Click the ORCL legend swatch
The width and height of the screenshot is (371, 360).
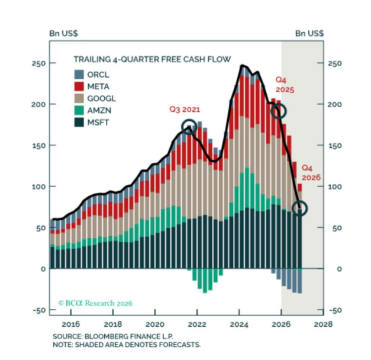[x=79, y=75]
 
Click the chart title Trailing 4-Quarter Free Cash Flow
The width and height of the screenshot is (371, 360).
[x=151, y=59]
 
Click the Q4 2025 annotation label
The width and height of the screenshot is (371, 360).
[x=285, y=84]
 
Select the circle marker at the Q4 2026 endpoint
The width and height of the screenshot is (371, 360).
[x=301, y=208]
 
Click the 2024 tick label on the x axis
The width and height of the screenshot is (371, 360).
[x=238, y=324]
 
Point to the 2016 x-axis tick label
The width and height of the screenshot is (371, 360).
[x=70, y=324]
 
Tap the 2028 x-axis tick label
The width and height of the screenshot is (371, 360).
[x=322, y=324]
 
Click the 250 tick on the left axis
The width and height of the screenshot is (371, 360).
[x=38, y=63]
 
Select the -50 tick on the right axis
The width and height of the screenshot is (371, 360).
[x=335, y=310]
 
